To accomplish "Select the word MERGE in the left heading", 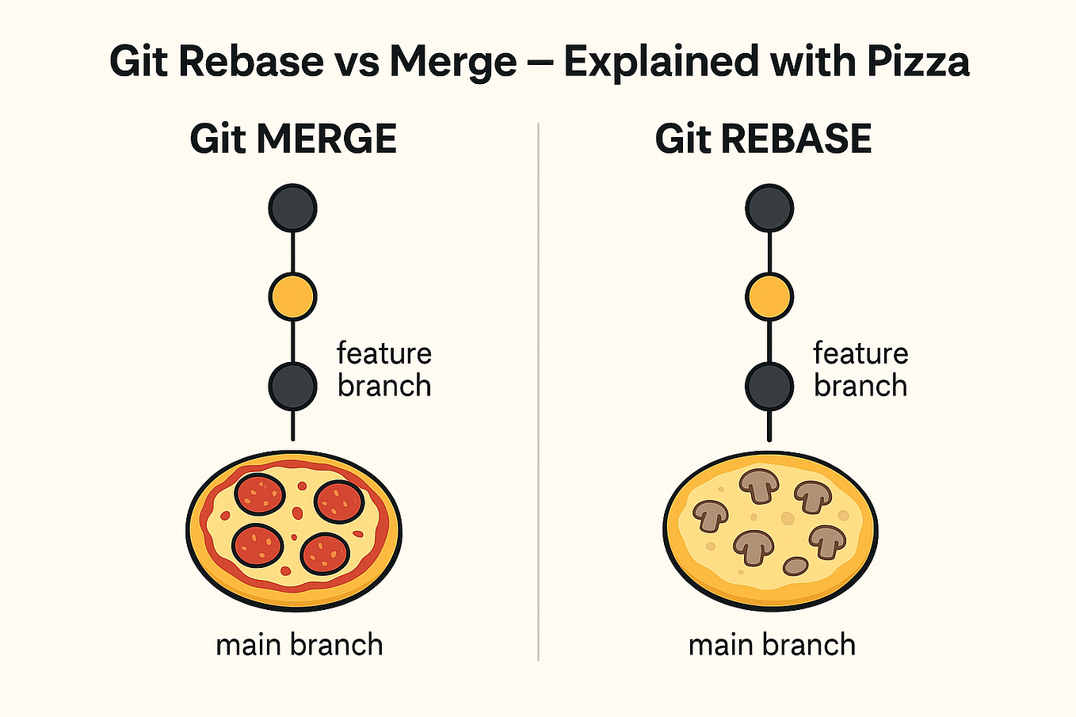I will [326, 139].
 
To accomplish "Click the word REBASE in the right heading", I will [797, 139].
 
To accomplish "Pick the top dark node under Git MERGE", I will [293, 208].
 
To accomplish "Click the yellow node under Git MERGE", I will [293, 297].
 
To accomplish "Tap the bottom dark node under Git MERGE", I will [293, 386].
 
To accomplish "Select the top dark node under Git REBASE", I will [769, 208].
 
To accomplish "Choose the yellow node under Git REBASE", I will [769, 297].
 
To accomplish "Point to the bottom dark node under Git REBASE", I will [769, 386].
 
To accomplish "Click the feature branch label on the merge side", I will [384, 369].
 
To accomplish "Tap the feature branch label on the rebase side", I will [860, 369].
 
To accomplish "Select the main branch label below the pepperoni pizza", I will [300, 645].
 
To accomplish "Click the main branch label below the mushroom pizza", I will [772, 645].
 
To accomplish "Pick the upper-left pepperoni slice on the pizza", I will [259, 494].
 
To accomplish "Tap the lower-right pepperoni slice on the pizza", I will [326, 552].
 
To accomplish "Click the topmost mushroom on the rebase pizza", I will [759, 485].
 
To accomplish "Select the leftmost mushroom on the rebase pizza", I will [710, 515].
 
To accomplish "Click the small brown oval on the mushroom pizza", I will [796, 566].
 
